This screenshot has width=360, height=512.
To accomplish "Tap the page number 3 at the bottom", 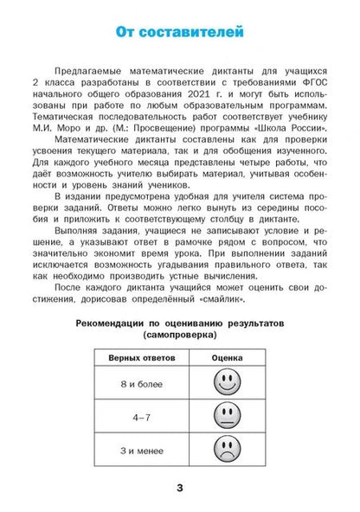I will pos(179,490).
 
